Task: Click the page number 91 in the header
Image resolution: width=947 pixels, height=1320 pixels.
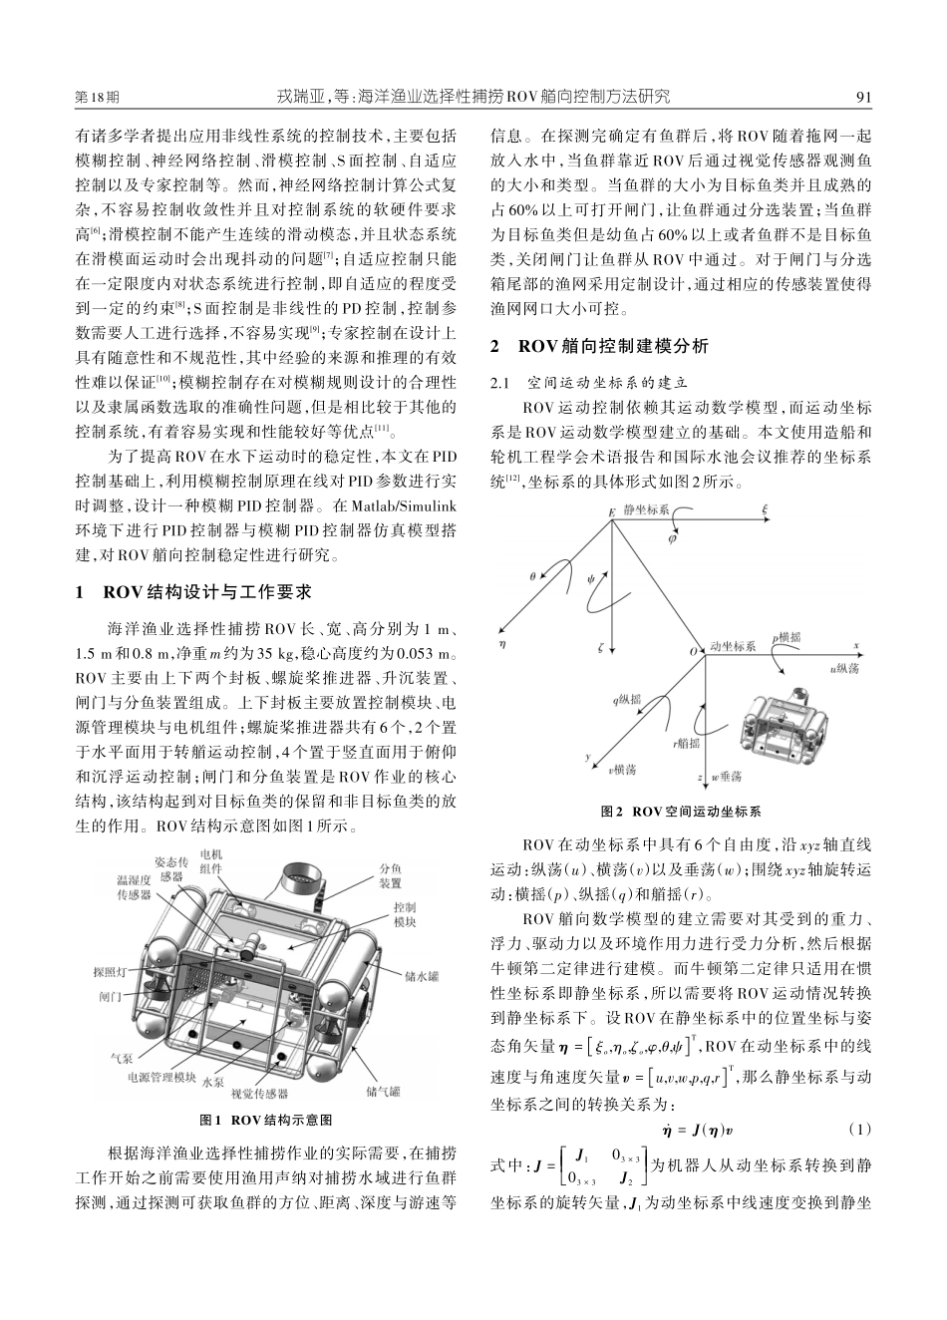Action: click(863, 97)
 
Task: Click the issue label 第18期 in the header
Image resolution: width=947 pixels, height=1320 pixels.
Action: click(97, 97)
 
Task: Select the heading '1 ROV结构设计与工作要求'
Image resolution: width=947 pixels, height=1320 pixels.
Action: click(194, 592)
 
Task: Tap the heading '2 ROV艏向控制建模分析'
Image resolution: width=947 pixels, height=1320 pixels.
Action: click(600, 347)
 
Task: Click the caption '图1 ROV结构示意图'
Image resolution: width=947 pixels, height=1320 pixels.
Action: click(266, 1120)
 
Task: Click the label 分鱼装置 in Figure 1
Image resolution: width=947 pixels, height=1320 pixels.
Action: click(391, 875)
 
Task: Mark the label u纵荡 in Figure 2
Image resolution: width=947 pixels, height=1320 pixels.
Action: click(844, 669)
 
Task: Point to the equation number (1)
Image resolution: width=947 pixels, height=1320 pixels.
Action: click(859, 1130)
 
